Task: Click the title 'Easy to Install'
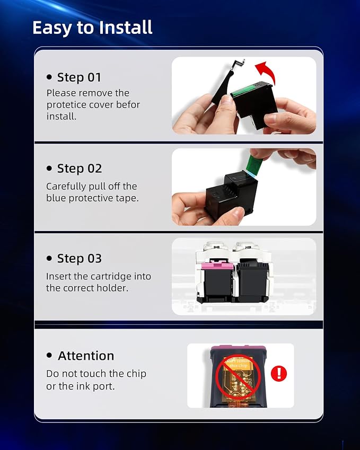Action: (x=92, y=28)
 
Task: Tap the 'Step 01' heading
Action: (x=79, y=77)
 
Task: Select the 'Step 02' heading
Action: (x=80, y=169)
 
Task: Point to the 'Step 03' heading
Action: (x=80, y=259)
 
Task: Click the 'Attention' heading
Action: (x=86, y=356)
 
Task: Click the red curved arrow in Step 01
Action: (x=267, y=72)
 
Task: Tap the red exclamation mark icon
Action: (x=279, y=373)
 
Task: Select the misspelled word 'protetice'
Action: (x=67, y=105)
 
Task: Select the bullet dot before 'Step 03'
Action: (x=49, y=258)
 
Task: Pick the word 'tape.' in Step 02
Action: (x=127, y=198)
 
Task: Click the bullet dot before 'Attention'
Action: (x=49, y=355)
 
